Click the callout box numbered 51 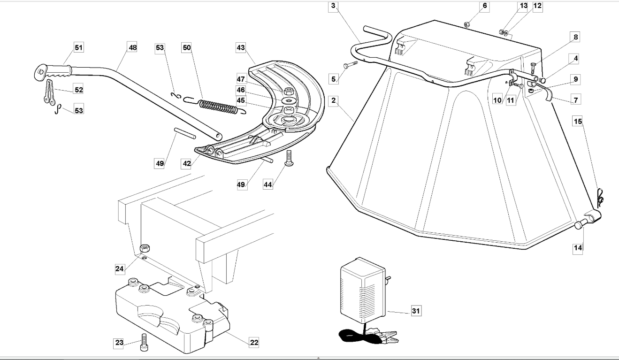tap(78, 47)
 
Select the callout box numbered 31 tap(416, 311)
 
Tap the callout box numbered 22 tap(254, 343)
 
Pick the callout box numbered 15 tap(578, 121)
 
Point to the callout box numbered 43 tap(241, 47)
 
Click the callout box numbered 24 tap(120, 268)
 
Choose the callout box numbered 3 tap(333, 6)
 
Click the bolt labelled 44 tap(289, 159)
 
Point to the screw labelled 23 tap(144, 343)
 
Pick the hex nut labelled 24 tap(145, 248)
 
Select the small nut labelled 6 tap(466, 24)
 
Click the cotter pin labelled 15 tap(600, 198)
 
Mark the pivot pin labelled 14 tap(581, 224)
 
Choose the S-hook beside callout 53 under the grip tap(57, 109)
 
